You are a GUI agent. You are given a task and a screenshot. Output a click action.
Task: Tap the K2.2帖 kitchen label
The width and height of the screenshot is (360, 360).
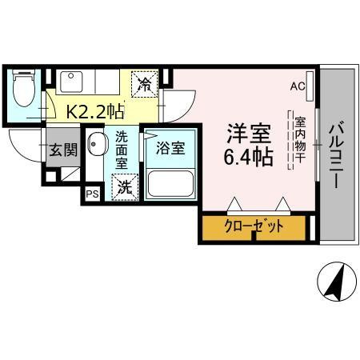click(x=94, y=112)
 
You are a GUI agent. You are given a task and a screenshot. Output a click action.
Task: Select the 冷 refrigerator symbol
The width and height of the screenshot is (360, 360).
click(x=146, y=83)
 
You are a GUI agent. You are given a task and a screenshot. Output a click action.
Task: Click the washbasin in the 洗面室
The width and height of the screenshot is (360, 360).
click(x=96, y=146)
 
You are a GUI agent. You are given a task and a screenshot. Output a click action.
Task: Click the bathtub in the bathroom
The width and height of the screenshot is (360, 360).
click(x=169, y=184)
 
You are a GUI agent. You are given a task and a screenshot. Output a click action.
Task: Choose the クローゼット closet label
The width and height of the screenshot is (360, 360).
click(x=254, y=227)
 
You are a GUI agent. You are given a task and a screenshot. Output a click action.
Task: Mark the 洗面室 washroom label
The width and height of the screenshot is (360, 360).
click(x=122, y=150)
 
